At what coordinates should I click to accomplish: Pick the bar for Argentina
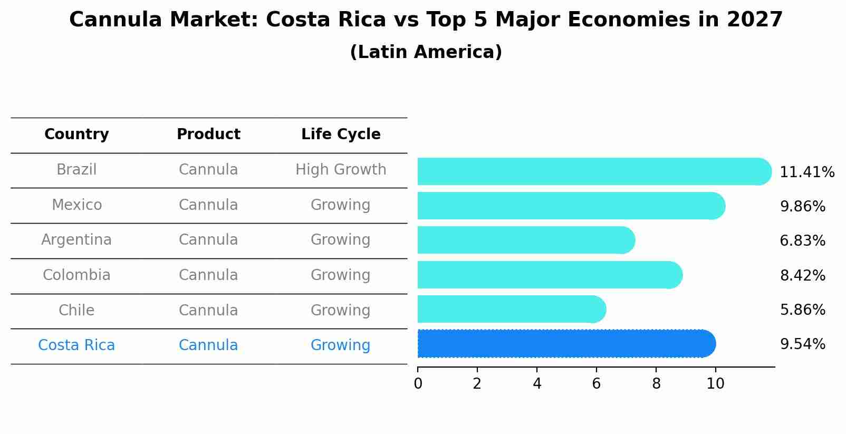[525, 240]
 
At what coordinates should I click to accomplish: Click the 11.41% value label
[806, 172]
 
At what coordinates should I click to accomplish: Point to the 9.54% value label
[802, 344]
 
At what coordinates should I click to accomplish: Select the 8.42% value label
[802, 275]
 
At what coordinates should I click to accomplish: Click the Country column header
[76, 134]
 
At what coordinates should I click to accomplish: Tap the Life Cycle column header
[341, 134]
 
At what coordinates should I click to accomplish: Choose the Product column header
[208, 134]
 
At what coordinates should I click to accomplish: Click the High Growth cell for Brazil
[341, 170]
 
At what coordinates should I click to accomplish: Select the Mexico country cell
[76, 205]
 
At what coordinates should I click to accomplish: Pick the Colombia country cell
[76, 275]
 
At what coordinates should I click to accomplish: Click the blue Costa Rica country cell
[76, 345]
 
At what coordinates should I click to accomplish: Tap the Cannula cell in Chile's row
[208, 311]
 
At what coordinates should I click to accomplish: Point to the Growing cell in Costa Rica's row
[341, 345]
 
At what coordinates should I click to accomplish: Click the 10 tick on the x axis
[715, 384]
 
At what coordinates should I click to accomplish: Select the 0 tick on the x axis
[418, 384]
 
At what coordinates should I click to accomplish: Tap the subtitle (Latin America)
[426, 52]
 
